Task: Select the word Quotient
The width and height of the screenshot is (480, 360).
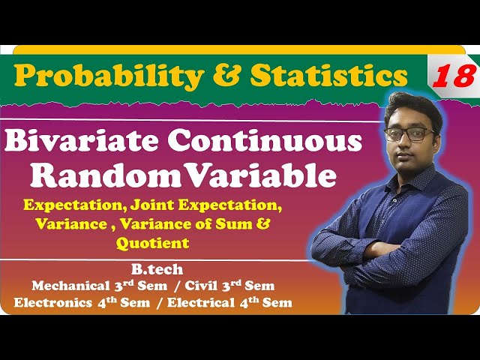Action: tap(152, 243)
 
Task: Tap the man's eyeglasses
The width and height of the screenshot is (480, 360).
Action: tap(409, 134)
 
